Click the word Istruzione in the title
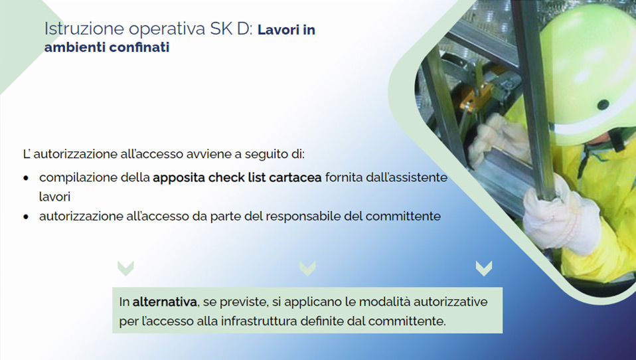coord(84,29)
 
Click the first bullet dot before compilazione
coord(26,178)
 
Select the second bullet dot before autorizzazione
coord(26,217)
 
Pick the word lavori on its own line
coord(54,197)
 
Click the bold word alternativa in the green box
coord(165,302)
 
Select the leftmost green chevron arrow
coord(125,268)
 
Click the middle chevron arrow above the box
coord(307,268)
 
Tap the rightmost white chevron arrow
coord(484,268)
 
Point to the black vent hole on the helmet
coord(603,104)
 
